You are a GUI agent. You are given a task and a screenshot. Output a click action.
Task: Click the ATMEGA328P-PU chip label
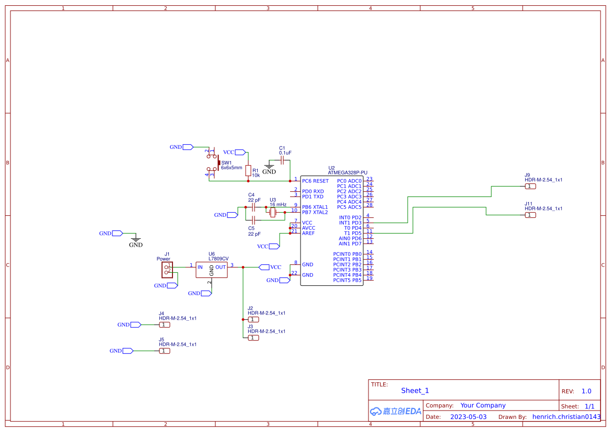[348, 172]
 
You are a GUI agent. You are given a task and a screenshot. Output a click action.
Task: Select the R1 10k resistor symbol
[248, 170]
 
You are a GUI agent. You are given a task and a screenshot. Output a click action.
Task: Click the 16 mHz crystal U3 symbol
[272, 212]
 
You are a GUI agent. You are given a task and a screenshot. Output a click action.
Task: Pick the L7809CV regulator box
[212, 270]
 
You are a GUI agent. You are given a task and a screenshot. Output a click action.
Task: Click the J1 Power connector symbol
[167, 270]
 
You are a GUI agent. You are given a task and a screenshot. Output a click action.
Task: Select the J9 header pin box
[530, 186]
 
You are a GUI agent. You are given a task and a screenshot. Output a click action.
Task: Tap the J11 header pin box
[530, 215]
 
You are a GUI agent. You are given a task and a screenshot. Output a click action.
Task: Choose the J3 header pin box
[253, 338]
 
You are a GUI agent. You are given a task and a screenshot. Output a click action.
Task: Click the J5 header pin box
[164, 351]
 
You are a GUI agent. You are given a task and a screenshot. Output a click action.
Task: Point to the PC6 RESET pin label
[315, 181]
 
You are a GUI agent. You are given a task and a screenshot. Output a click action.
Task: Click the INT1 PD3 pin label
[350, 223]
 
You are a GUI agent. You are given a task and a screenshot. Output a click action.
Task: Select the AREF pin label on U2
[308, 233]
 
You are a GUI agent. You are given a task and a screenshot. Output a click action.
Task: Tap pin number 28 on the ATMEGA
[369, 205]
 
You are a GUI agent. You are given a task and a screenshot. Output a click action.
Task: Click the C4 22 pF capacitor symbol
[253, 207]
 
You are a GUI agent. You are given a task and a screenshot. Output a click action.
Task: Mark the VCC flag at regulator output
[264, 267]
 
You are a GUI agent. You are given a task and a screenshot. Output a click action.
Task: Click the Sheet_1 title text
[415, 391]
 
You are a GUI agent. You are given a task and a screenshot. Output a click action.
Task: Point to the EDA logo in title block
[396, 411]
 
